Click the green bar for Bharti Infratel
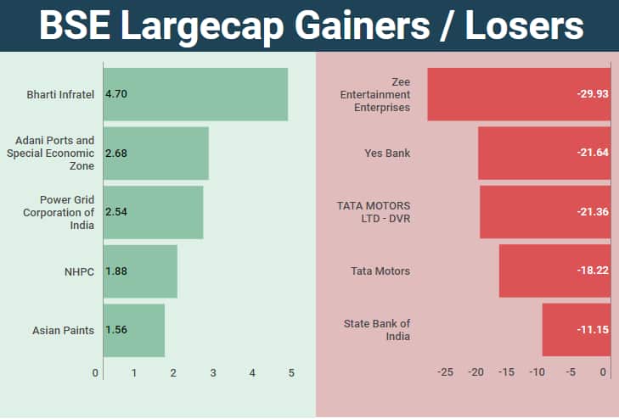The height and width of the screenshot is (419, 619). click(195, 94)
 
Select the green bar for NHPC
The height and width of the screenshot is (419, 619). click(140, 271)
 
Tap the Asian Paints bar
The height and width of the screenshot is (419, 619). click(134, 330)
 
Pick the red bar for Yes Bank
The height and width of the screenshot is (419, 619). click(543, 154)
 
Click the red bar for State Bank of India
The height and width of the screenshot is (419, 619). click(576, 330)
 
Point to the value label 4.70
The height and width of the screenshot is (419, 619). click(116, 94)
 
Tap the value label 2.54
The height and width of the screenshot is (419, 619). click(116, 212)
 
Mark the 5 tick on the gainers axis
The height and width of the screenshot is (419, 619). click(291, 373)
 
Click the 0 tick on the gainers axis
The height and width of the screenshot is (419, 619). click(96, 373)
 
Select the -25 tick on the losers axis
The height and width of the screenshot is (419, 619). click(445, 373)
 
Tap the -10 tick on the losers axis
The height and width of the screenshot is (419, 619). click(537, 373)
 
